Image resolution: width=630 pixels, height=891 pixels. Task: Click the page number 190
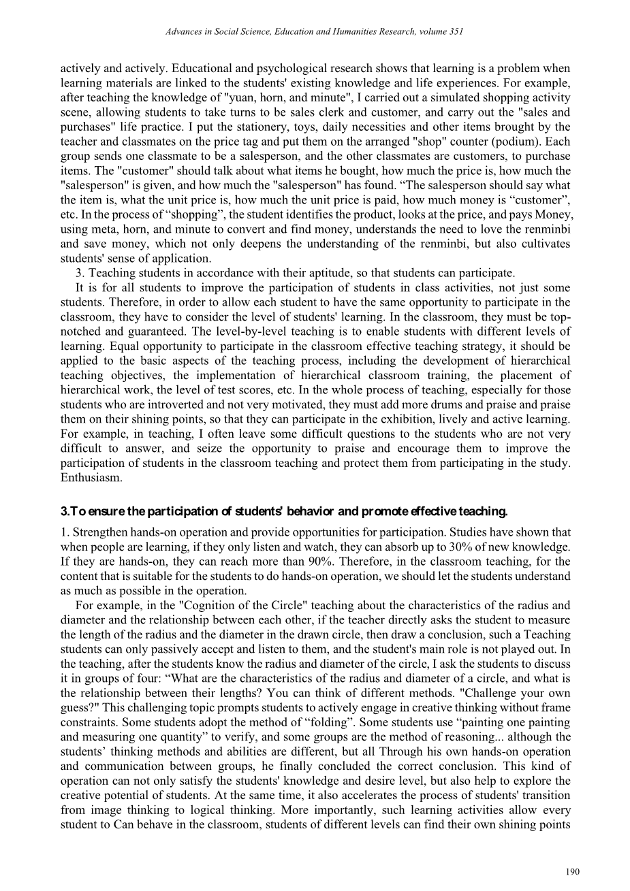[x=573, y=871]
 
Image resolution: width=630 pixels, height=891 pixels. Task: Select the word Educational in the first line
[x=199, y=68]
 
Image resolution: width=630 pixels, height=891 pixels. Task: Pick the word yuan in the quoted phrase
[x=228, y=97]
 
